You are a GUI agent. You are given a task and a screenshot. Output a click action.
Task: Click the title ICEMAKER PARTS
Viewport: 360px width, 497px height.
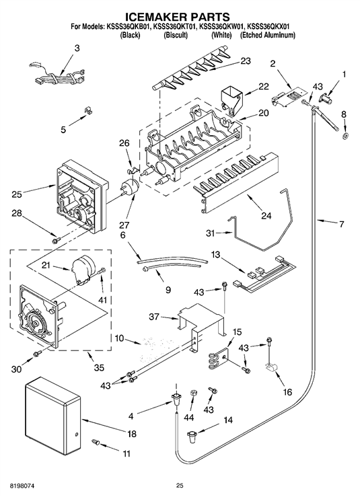pyautogui.click(x=178, y=16)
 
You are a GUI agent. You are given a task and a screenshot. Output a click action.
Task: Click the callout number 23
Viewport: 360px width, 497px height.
pyautogui.click(x=245, y=61)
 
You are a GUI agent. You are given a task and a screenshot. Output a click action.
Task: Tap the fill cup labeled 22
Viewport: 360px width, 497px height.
pyautogui.click(x=231, y=99)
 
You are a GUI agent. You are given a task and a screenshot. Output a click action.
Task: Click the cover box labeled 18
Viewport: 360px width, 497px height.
pyautogui.click(x=52, y=415)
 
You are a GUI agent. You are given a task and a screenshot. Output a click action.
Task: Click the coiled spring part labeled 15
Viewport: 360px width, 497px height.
pyautogui.click(x=218, y=358)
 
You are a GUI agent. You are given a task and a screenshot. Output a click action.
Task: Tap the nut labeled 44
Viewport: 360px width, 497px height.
pyautogui.click(x=194, y=393)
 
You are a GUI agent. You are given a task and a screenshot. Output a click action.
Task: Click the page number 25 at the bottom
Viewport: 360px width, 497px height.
pyautogui.click(x=180, y=485)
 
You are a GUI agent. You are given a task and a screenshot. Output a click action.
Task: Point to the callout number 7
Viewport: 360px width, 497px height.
pyautogui.click(x=341, y=224)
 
